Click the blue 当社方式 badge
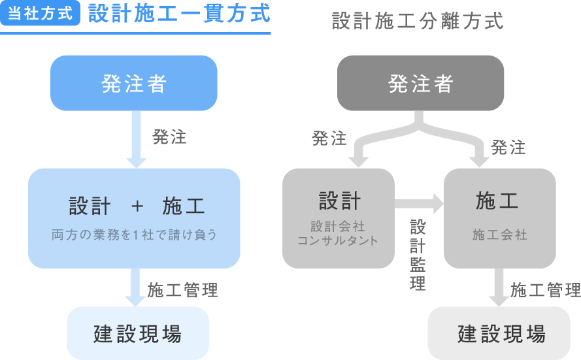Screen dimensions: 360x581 40,14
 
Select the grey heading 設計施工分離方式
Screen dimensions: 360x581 418,21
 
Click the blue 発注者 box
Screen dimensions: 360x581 134,83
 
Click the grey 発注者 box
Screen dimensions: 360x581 420,83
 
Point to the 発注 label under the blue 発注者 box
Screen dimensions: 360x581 169,137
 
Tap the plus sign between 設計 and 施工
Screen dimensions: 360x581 137,206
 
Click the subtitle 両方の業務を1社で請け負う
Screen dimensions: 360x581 134,235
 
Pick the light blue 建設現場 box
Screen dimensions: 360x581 138,333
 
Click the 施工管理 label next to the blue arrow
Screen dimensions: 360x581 182,290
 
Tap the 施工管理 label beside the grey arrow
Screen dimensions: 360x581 546,290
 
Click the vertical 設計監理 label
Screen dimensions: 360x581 418,255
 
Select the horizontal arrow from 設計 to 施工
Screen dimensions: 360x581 419,205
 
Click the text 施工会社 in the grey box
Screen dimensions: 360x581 499,235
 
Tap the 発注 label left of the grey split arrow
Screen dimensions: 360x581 329,139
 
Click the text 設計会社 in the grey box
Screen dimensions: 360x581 338,227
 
